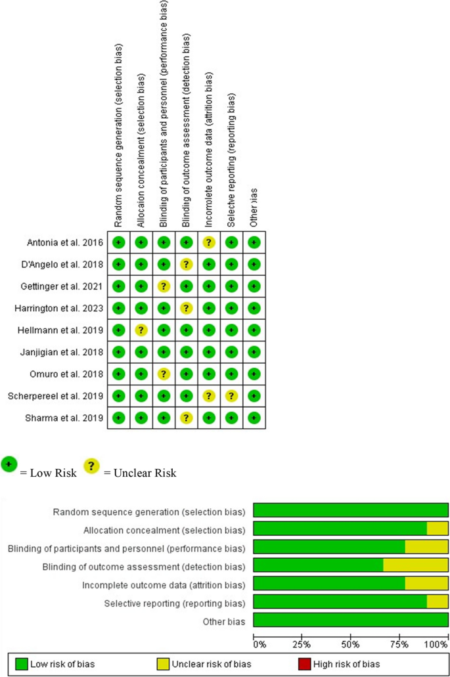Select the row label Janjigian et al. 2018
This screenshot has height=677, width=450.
(64, 352)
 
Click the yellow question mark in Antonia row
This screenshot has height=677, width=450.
(209, 243)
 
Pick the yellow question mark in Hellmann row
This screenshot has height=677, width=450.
(141, 330)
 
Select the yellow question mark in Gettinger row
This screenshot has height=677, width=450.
(164, 286)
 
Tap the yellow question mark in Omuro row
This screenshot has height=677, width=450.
(164, 374)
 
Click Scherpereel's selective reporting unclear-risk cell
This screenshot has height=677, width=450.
(231, 396)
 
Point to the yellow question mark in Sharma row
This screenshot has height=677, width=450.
(186, 418)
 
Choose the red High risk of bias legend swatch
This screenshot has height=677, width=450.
(304, 664)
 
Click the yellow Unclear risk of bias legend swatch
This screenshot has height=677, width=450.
(162, 664)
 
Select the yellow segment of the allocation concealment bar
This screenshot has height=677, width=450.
(438, 529)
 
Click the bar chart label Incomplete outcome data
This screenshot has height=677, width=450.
(164, 584)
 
